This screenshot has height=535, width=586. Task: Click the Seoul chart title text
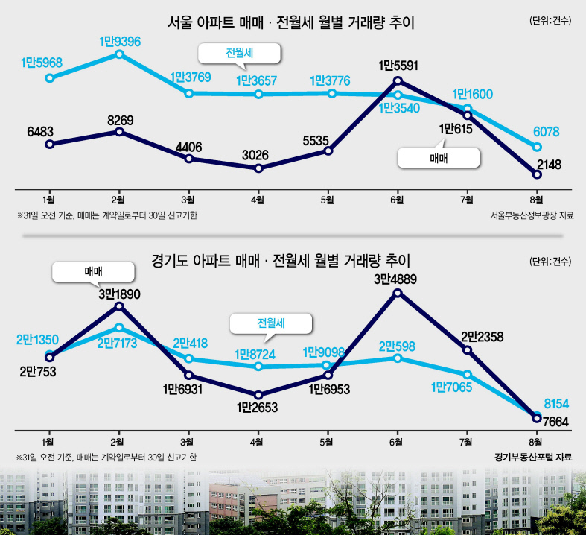tap(290, 23)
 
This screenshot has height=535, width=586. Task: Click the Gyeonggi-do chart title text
tap(281, 260)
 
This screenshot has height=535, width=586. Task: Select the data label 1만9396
tap(120, 42)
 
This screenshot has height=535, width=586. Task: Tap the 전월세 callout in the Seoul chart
tap(239, 54)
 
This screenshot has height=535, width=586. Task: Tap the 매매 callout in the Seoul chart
tap(439, 159)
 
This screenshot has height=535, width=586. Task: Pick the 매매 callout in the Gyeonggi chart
tap(93, 272)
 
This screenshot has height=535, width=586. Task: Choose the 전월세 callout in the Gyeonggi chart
tap(271, 323)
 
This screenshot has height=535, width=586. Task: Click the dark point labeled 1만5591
tap(398, 80)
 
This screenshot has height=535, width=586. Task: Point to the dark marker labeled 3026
tap(258, 168)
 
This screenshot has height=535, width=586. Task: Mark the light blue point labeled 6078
tap(537, 147)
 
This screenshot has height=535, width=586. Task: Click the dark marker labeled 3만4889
tap(398, 293)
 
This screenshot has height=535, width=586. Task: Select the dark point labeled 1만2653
tap(258, 395)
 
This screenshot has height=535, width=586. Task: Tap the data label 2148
tap(549, 165)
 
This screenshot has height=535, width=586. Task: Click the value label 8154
tap(556, 404)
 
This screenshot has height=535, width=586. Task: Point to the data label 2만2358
tap(482, 337)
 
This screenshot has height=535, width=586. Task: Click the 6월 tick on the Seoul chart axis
tap(397, 200)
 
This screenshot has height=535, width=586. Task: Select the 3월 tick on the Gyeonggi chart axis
tap(187, 443)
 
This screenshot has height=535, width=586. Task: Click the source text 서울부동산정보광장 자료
tap(532, 215)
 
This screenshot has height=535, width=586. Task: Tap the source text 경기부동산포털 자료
tap(533, 457)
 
